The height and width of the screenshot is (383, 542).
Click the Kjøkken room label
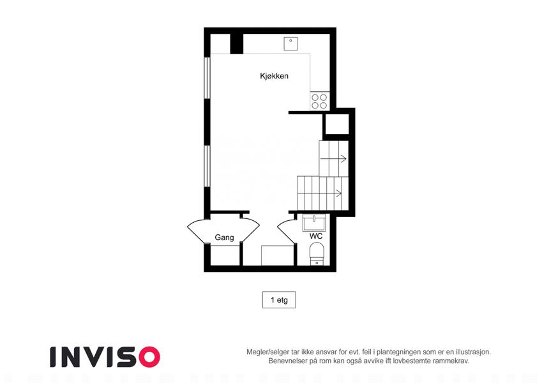pos(274,76)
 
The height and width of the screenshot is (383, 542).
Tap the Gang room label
pos(224,237)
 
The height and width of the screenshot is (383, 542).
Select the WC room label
pos(316,236)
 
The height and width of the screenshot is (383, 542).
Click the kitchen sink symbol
pos(290,44)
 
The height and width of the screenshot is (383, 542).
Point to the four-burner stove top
pos(319,101)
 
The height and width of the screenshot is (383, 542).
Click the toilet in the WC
pos(317,253)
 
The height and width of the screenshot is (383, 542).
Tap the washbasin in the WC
pos(314,222)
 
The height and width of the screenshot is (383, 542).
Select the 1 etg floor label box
pos(279,299)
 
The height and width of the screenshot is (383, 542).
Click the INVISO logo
pos(105,357)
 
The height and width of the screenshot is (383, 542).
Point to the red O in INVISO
pos(149,357)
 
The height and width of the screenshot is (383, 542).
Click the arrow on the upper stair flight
pos(334,159)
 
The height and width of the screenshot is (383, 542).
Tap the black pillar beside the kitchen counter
pos(237,44)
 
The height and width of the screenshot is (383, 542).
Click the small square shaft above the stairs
pos(336,124)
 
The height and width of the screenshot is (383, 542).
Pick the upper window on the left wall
pos(207,78)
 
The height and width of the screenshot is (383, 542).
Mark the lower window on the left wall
pos(207,166)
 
